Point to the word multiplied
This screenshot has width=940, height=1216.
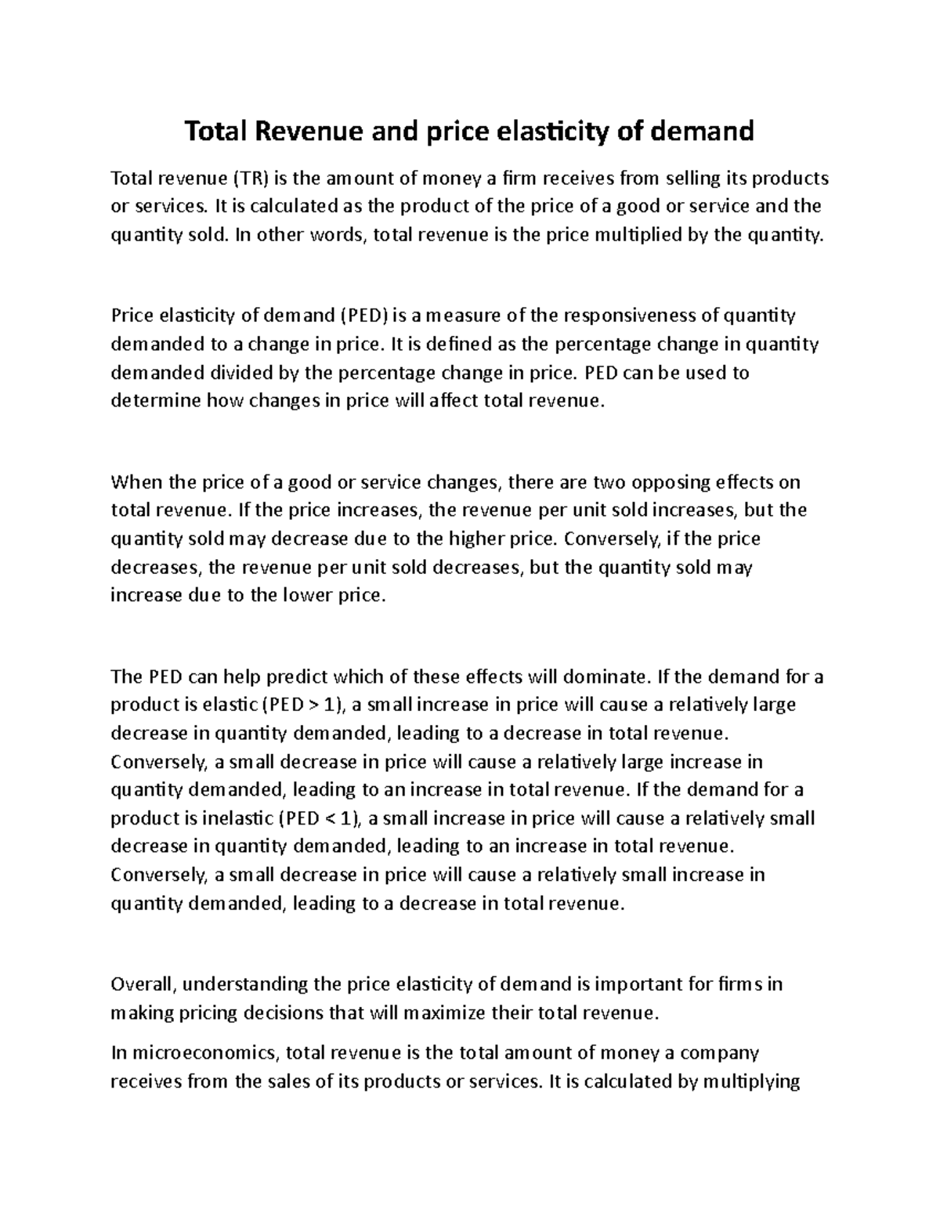pos(638,235)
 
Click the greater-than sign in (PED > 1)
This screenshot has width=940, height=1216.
pos(314,705)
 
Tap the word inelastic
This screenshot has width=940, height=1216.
pos(234,818)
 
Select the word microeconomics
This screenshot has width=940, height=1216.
pos(204,1053)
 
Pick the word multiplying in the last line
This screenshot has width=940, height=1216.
pos(751,1082)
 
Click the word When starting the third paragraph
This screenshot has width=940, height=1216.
pos(134,482)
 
